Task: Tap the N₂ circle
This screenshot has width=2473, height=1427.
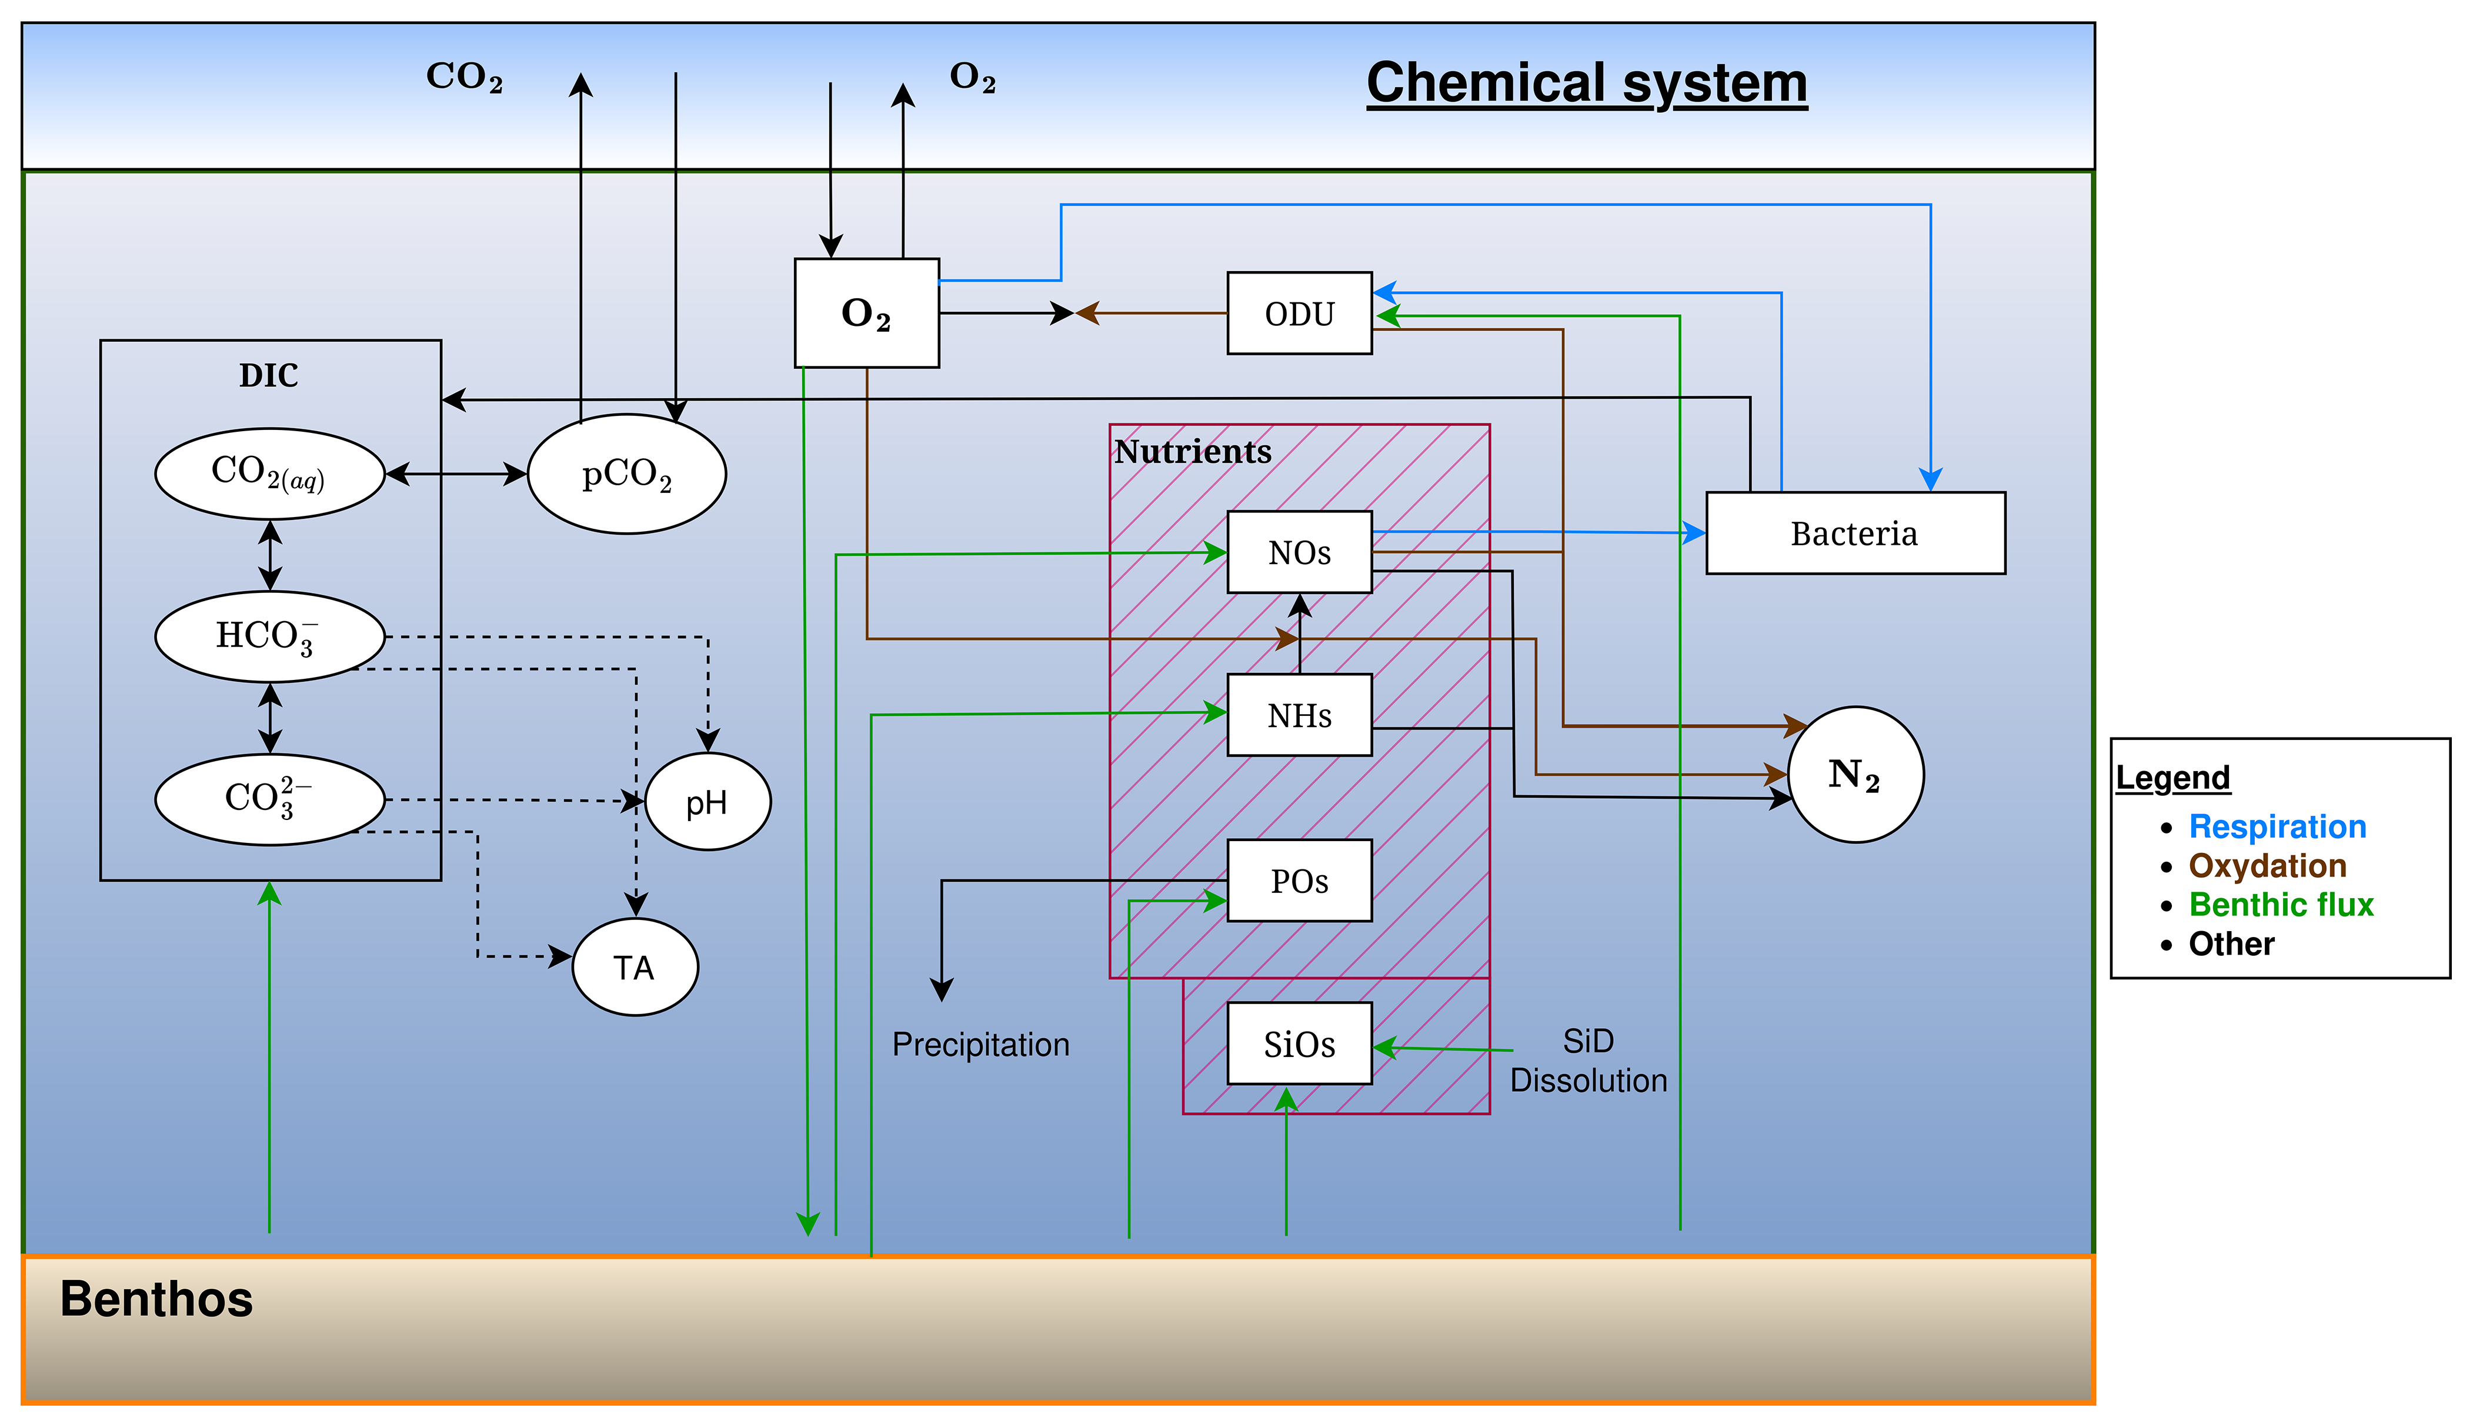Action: click(1855, 774)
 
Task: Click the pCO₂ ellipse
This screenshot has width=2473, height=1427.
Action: click(626, 474)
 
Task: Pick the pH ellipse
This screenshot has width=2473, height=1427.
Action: click(707, 802)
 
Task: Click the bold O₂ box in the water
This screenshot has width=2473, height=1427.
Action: click(866, 314)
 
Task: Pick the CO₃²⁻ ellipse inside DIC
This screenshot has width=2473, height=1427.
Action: click(269, 799)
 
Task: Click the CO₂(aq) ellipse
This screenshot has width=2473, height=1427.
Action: click(269, 474)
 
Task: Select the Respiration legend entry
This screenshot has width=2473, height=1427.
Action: click(2277, 826)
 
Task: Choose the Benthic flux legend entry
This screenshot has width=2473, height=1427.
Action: click(2280, 905)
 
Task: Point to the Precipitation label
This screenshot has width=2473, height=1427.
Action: click(980, 1045)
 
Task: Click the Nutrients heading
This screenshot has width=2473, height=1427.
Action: click(1193, 452)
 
